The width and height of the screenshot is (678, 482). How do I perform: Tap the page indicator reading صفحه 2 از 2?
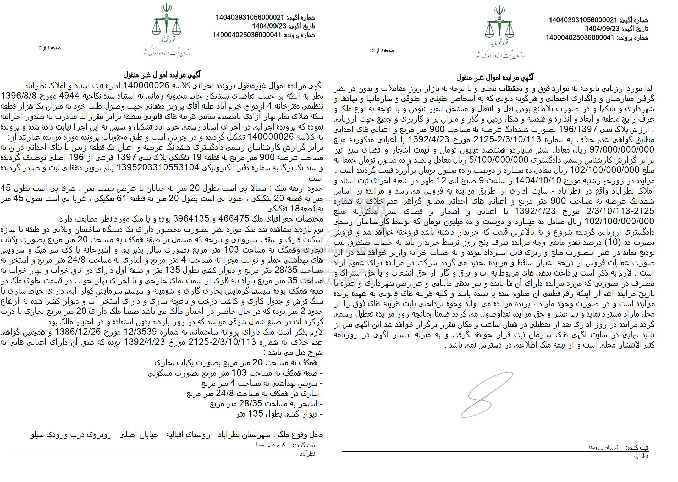383,51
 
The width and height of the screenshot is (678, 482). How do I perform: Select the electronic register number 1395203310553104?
158,168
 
